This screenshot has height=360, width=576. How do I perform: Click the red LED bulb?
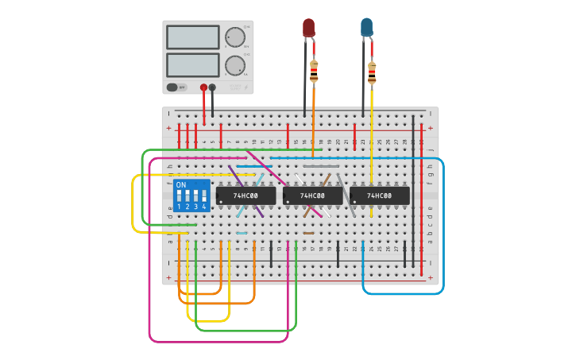point(308,29)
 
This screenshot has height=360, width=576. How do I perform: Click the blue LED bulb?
point(366,28)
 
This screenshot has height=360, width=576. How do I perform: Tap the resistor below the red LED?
point(314,72)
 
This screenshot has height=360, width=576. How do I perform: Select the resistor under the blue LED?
point(372,72)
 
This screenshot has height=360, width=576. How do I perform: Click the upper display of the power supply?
point(192,37)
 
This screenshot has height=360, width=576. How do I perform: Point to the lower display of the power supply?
point(192,64)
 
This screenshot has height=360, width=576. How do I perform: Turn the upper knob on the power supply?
point(234,37)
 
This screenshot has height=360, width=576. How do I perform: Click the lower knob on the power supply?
point(234,65)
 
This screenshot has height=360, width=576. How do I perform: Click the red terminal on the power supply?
point(204,87)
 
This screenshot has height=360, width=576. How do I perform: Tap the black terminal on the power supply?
point(212,87)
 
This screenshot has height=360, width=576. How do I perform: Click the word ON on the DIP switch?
point(181,185)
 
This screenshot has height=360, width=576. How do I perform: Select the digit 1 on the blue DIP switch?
point(179,207)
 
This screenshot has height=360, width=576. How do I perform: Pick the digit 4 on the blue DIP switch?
point(204,207)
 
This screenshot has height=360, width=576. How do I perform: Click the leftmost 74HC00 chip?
point(245,195)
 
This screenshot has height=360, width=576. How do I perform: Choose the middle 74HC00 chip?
point(312,195)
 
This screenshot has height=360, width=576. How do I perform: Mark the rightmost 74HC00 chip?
point(380,195)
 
